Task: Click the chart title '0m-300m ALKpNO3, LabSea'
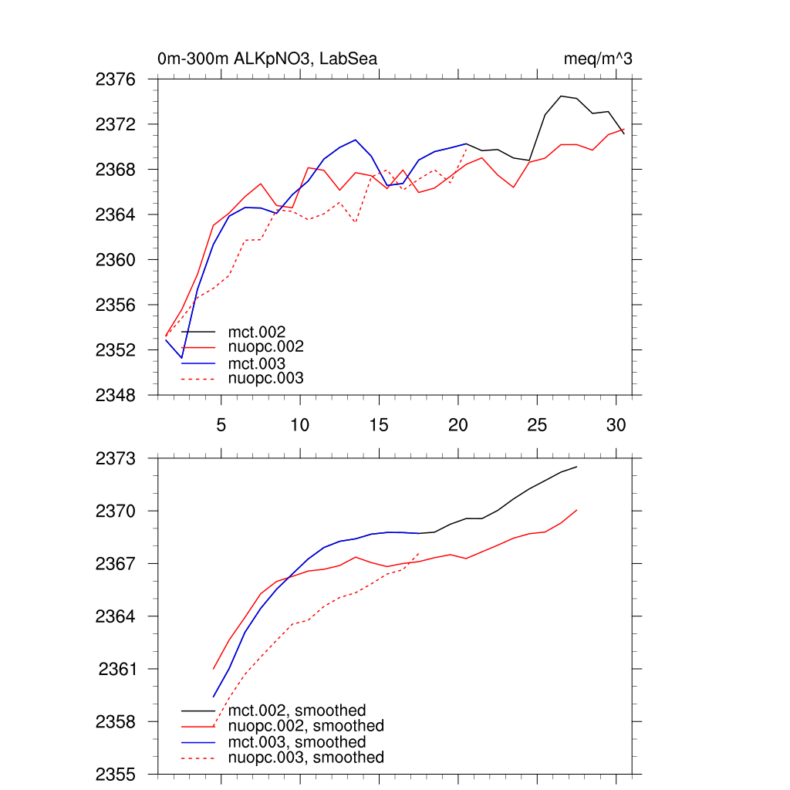267,59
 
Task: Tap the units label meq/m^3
598,59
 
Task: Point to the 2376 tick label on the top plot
115,79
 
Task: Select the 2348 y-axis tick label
115,395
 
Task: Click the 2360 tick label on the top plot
115,260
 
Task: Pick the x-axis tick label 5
221,425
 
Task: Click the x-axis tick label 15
378,425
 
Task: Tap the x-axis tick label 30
615,425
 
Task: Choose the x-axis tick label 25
536,425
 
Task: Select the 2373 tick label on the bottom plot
115,458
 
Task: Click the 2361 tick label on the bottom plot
117,669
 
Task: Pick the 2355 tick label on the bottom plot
115,774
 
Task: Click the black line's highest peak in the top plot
561,96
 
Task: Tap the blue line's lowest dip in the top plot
182,358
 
